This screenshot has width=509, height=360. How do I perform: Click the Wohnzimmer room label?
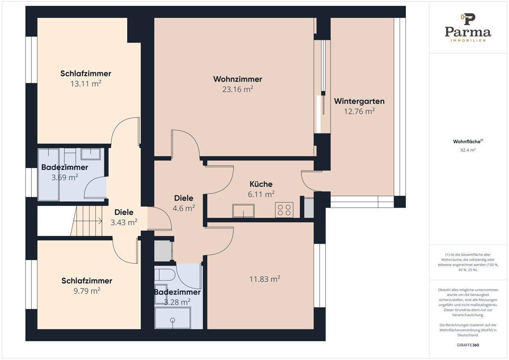238,79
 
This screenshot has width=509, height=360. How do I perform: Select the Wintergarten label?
359,101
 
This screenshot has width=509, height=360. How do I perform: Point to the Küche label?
261,184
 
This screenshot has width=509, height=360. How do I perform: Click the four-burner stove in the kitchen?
284,210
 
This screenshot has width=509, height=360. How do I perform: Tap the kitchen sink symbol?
243,211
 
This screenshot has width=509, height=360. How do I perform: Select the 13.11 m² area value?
86,84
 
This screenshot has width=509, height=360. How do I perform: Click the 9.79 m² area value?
87,291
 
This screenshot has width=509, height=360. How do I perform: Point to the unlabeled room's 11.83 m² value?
265,279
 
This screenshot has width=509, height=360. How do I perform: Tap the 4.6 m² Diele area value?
184,208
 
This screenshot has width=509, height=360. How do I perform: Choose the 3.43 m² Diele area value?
124,222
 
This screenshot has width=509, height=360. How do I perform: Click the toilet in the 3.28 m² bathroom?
164,275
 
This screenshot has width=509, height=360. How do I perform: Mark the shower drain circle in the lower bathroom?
173,320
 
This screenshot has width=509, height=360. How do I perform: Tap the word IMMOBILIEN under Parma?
468,40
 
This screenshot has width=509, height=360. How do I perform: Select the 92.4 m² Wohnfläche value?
468,150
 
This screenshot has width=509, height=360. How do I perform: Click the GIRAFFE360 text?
468,345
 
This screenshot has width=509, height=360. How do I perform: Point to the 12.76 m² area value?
359,111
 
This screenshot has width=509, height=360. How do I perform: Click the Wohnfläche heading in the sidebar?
468,141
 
